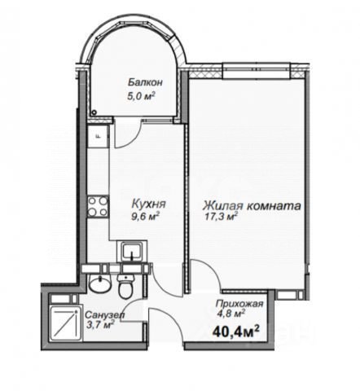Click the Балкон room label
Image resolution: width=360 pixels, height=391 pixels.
click(145, 82)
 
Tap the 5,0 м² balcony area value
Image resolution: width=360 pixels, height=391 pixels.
click(141, 96)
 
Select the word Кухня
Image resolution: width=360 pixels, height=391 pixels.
click(148, 204)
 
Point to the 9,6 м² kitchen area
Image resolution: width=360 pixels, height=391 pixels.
click(145, 217)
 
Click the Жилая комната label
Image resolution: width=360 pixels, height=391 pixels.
click(252, 205)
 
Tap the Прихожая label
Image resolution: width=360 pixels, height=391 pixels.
click(239, 304)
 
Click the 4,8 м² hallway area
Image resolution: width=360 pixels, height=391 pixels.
click(230, 314)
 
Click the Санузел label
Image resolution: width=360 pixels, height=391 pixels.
click(105, 315)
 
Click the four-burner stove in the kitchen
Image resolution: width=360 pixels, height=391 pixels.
click(98, 206)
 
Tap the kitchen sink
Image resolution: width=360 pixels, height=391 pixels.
click(132, 252)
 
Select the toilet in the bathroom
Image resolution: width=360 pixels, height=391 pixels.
click(125, 287)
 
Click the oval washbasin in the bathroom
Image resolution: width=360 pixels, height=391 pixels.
click(100, 284)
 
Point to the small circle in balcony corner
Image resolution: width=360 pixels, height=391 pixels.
click(94, 112)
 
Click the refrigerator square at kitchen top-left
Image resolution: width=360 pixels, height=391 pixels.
click(98, 136)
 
